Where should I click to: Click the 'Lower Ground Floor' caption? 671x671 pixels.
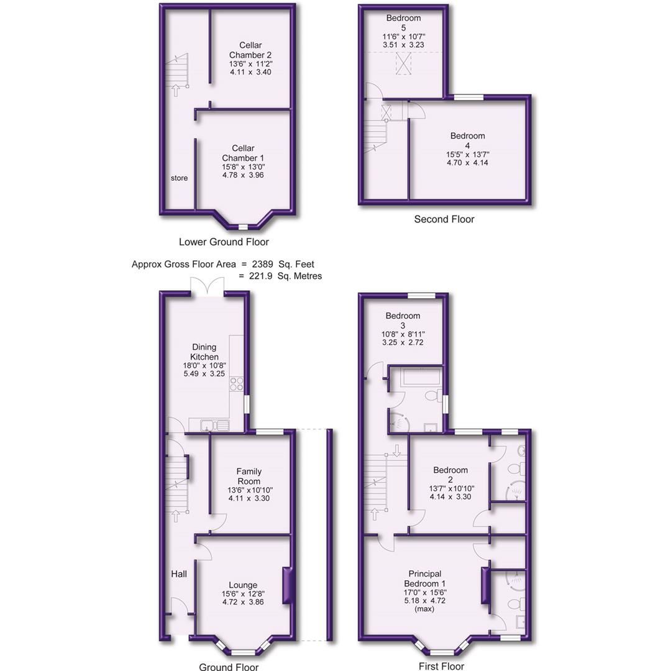point(224,242)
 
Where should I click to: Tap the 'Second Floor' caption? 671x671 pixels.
point(444,219)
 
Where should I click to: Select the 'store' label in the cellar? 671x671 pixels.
point(179,178)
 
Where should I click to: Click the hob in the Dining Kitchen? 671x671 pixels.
point(237,383)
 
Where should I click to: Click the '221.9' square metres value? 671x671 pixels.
point(259,276)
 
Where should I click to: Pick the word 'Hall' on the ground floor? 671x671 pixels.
point(179,574)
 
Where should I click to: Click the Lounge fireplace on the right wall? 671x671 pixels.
point(286,585)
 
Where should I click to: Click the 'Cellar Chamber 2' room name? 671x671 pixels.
point(250,50)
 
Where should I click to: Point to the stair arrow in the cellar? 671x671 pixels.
point(176,90)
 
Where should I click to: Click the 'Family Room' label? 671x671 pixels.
point(249,476)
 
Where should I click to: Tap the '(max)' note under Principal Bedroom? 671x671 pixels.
point(426,609)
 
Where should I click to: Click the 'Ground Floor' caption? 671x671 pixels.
point(228,667)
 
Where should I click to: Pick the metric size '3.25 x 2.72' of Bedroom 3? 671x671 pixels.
point(402,342)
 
